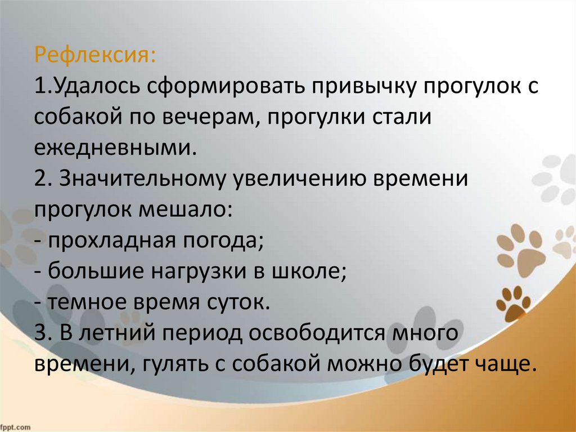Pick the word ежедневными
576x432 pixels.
pyautogui.click(x=114, y=149)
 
